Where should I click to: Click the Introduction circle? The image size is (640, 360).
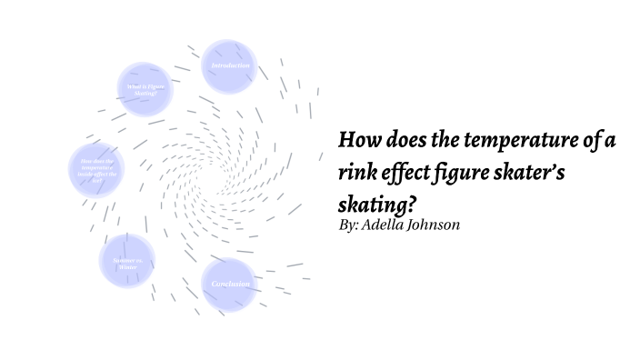tap(228, 67)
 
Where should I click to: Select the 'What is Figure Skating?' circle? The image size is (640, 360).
tap(145, 89)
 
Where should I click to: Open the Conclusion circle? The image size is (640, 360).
tap(229, 285)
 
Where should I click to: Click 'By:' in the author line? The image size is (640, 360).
tap(348, 225)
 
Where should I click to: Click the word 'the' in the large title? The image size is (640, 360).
tap(445, 140)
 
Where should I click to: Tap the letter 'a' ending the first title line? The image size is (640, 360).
tap(613, 141)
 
